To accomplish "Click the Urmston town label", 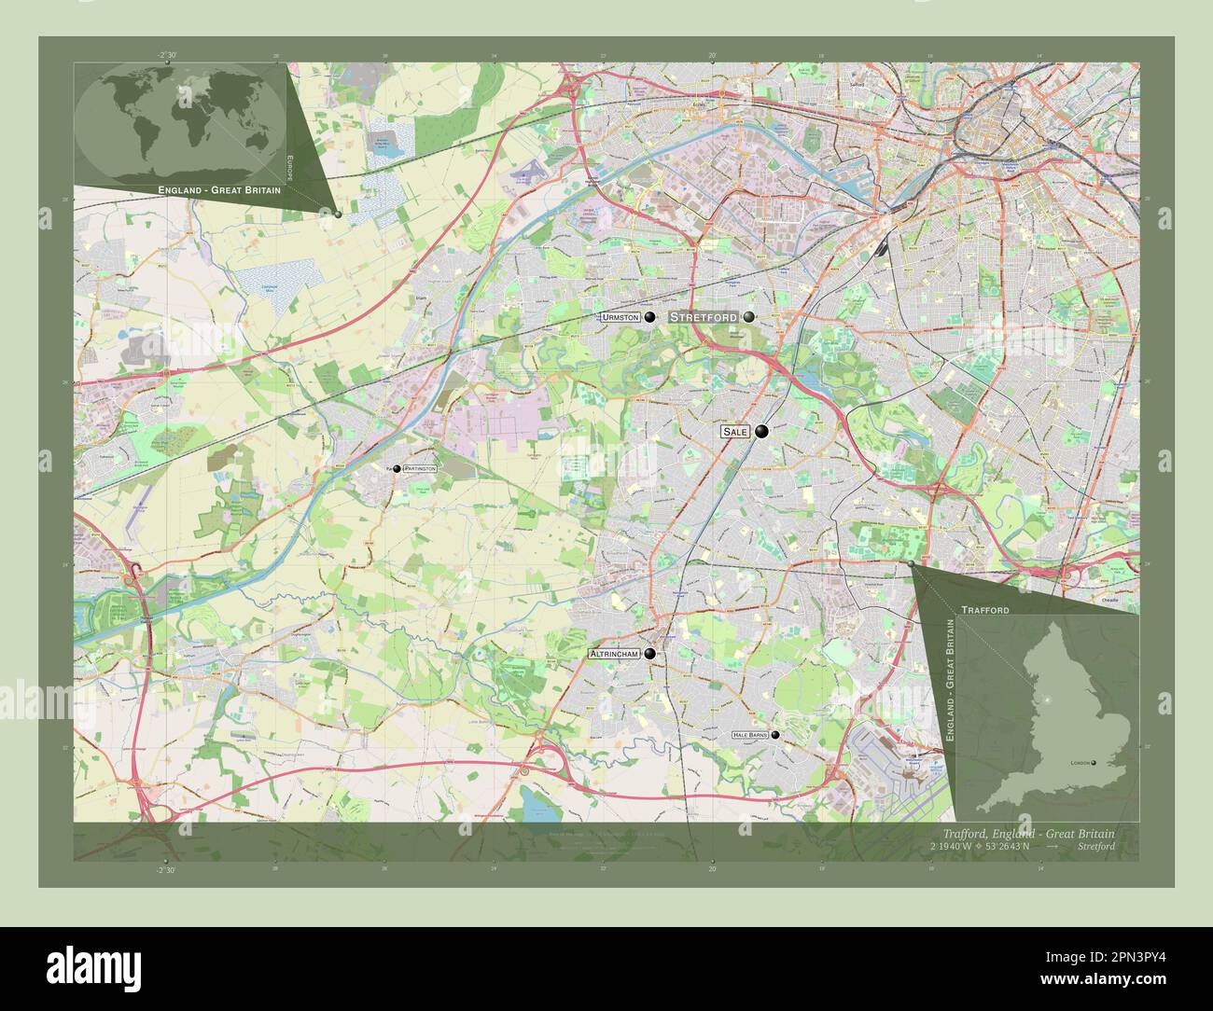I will click(621, 318).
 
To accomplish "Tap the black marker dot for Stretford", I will click(748, 317).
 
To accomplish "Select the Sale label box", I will click(735, 433).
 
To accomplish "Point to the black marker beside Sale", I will click(762, 432).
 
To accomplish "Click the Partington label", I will click(419, 468).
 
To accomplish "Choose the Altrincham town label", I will click(614, 655).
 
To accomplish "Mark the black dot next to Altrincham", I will click(649, 655).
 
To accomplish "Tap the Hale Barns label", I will click(750, 735).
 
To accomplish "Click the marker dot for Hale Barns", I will click(775, 735).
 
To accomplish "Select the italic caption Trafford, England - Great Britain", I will click(1028, 833).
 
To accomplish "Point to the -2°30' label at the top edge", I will click(168, 56).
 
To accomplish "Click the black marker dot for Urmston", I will click(649, 317).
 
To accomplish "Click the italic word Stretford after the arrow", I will click(1094, 847).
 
